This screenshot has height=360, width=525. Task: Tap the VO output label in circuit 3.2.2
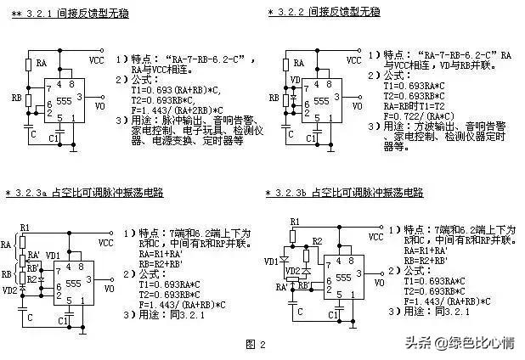click(359, 107)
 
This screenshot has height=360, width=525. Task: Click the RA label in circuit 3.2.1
click(41, 63)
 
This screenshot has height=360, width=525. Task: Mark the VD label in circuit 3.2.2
click(294, 81)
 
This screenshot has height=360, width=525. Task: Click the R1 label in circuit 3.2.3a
click(24, 227)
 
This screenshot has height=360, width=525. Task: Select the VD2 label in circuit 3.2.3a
click(11, 290)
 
